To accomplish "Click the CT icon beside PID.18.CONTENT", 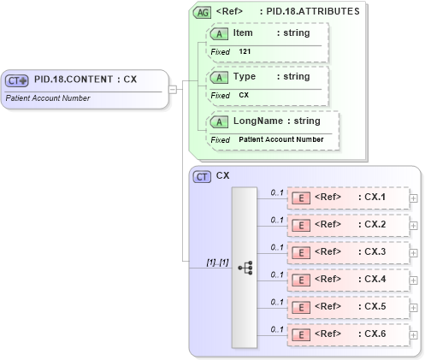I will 17,80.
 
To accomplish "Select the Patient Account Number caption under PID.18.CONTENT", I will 47,98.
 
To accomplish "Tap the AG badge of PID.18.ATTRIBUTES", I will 202,13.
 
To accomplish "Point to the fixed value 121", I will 245,51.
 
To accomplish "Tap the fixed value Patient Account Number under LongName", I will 280,139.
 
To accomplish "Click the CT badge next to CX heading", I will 202,177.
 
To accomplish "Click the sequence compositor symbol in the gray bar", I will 245,268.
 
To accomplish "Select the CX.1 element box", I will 347,198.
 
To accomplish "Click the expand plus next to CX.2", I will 414,226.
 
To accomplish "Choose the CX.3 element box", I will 347,252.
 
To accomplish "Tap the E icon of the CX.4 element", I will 301,280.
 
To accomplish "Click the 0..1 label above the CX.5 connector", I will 277,302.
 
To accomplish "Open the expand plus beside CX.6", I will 414,335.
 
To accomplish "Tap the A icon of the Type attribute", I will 219,77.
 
